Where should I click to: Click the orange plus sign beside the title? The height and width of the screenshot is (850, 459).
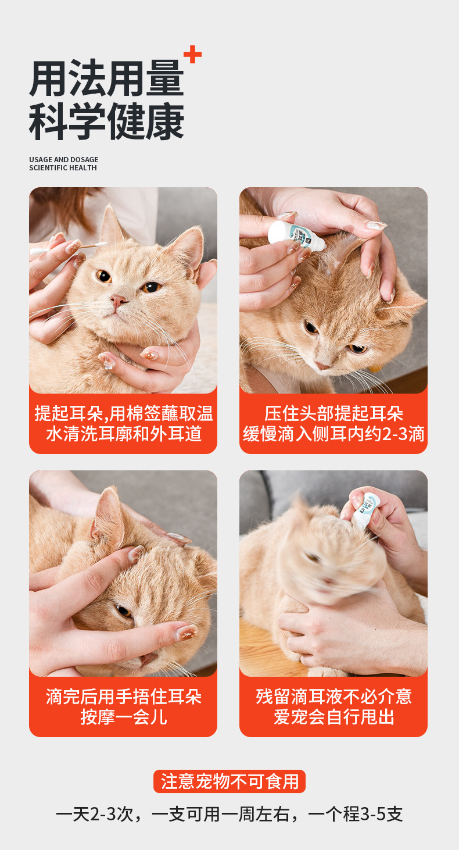(x=192, y=54)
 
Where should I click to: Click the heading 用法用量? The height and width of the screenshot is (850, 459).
(x=106, y=78)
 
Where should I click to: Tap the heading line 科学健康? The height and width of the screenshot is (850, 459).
(x=106, y=122)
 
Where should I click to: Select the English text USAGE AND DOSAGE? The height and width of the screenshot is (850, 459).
(x=64, y=160)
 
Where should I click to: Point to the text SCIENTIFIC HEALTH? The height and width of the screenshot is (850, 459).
(x=63, y=167)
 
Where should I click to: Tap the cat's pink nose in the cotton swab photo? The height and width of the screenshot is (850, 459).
(x=118, y=301)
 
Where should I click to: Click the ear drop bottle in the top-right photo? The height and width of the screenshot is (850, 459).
(x=296, y=236)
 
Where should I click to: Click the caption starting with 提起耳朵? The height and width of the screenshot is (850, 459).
(x=124, y=423)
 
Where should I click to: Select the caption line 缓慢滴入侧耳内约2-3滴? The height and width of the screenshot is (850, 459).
(x=334, y=434)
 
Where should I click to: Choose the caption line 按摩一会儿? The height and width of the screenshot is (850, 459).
(x=124, y=717)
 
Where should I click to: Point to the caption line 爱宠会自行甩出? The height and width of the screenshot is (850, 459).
(x=334, y=717)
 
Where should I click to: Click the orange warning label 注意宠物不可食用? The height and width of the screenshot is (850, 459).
(x=229, y=781)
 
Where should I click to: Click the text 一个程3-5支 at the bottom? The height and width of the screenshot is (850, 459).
(x=355, y=814)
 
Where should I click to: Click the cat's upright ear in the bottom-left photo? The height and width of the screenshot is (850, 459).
(x=108, y=520)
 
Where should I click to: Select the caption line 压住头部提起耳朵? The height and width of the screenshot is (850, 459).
(x=334, y=413)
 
